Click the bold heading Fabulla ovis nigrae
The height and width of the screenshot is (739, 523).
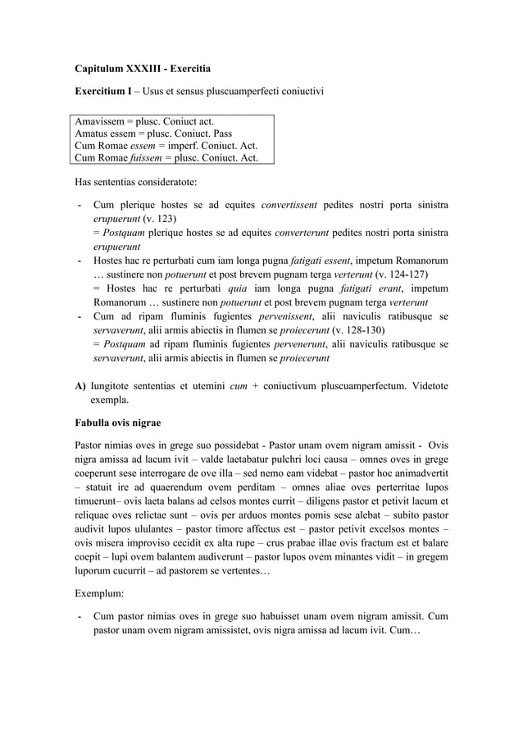(x=121, y=423)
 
